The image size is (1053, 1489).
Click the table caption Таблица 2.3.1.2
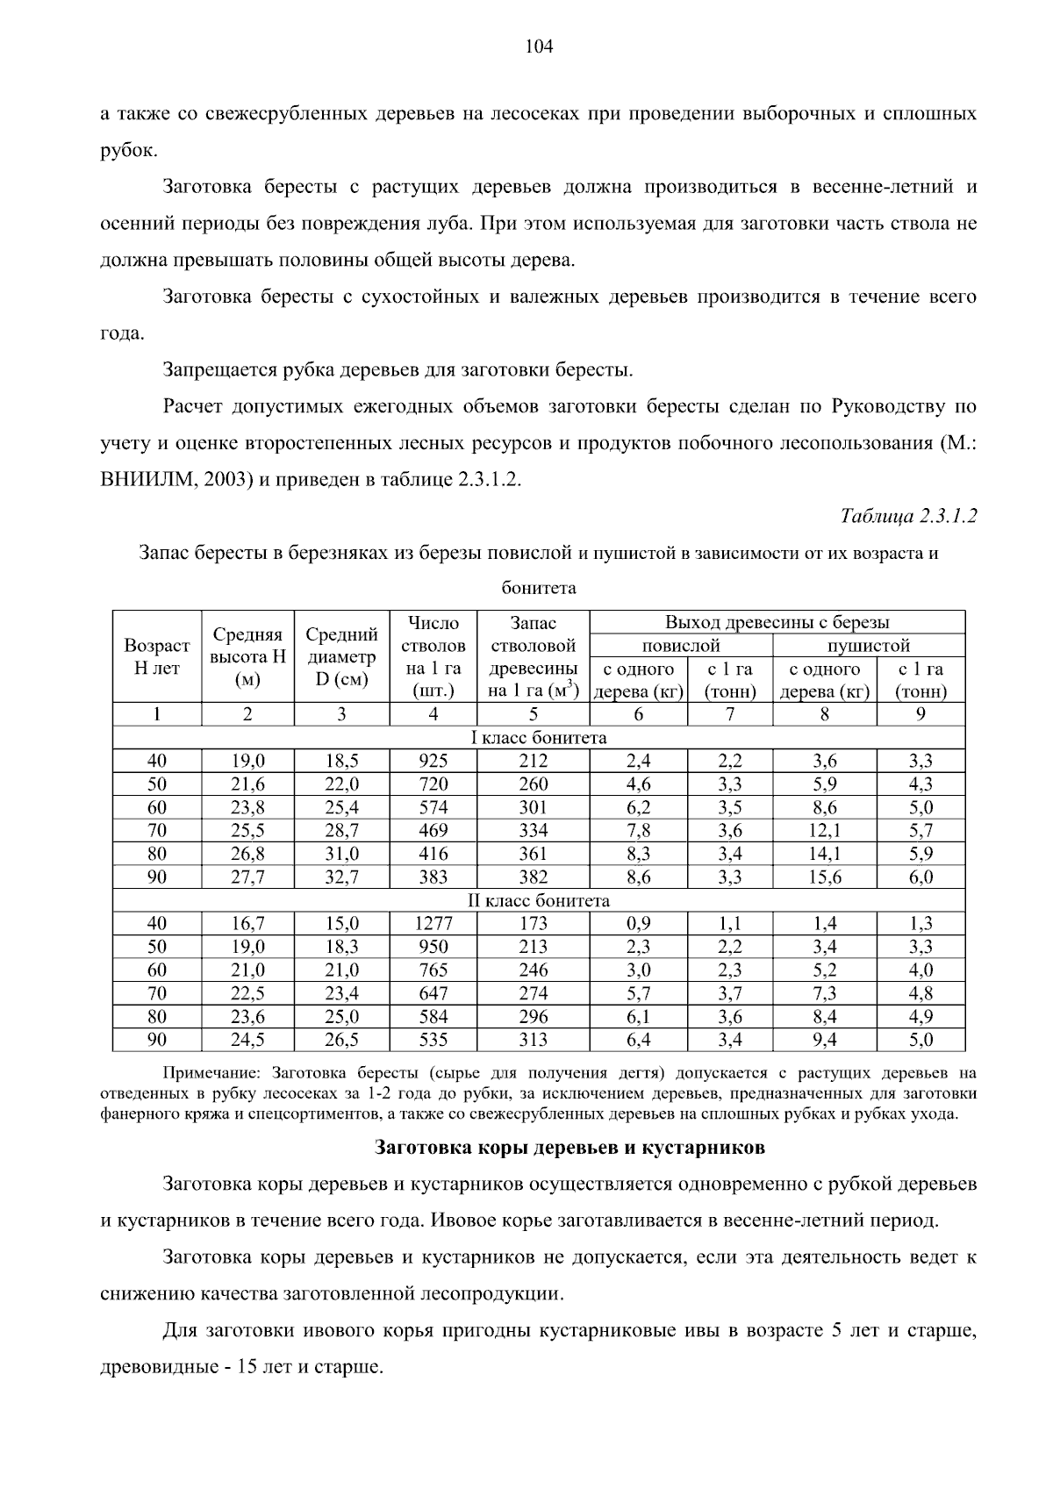click(x=908, y=515)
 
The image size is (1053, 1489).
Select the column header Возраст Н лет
click(x=157, y=656)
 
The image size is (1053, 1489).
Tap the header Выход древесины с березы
click(x=777, y=622)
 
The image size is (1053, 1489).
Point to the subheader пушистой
click(x=869, y=646)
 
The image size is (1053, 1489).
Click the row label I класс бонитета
click(x=539, y=737)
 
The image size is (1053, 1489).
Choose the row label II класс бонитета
click(x=539, y=900)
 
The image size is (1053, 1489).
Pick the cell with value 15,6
click(x=824, y=877)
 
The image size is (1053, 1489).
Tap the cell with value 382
click(x=533, y=877)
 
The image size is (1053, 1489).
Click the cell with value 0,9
click(x=638, y=923)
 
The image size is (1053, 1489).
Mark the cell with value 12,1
click(x=824, y=830)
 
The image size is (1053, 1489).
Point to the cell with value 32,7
click(x=341, y=877)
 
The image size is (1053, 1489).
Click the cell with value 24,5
click(x=247, y=1040)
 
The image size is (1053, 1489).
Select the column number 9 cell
click(x=920, y=714)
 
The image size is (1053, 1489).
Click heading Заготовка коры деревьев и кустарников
click(x=569, y=1147)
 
